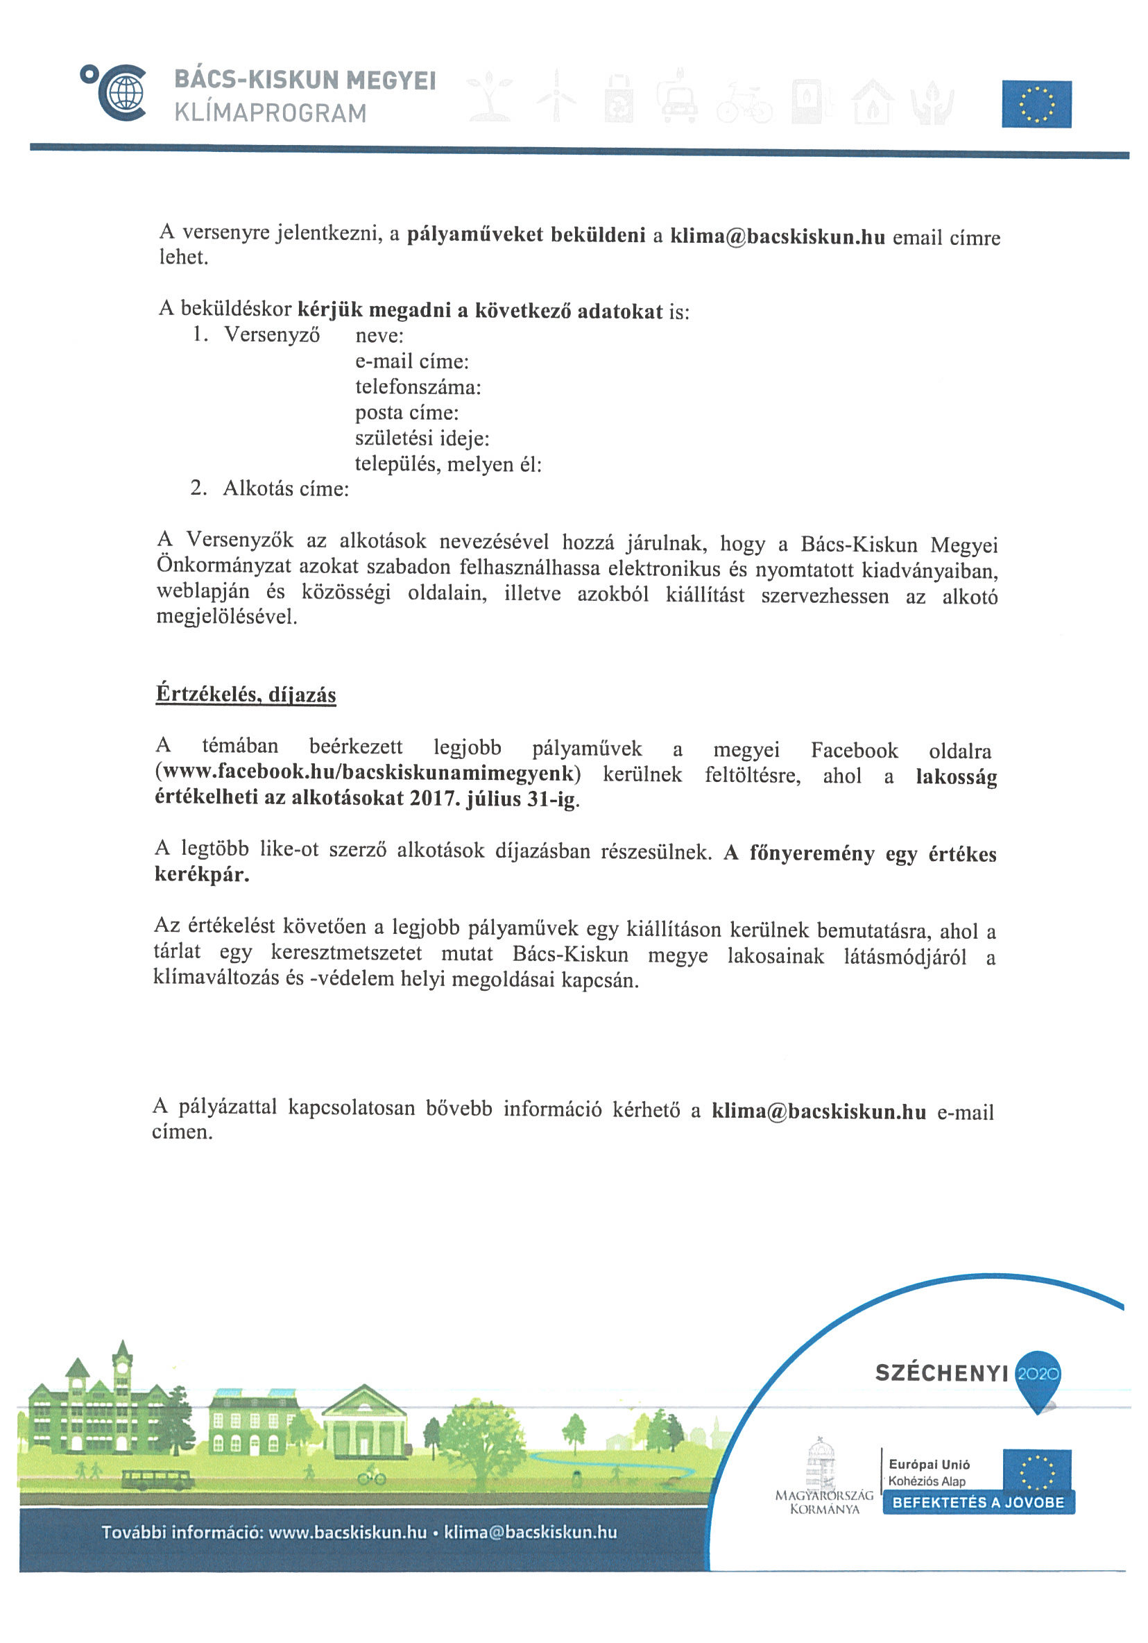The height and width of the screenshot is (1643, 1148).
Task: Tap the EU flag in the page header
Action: tap(1036, 105)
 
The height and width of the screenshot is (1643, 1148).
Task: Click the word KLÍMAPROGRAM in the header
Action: tap(271, 113)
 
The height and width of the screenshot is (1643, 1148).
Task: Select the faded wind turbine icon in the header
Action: tap(556, 96)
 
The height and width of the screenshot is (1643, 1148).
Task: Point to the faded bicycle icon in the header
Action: tap(744, 105)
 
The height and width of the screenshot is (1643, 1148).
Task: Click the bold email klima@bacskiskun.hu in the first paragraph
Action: tap(777, 237)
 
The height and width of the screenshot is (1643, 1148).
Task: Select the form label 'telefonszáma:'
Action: tap(418, 387)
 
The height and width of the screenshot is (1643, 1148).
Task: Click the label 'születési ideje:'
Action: tap(422, 438)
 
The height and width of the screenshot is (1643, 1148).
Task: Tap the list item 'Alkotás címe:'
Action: tap(285, 488)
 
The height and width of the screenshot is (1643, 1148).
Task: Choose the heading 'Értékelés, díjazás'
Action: tap(246, 694)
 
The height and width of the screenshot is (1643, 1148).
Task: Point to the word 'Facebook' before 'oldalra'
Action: tap(853, 750)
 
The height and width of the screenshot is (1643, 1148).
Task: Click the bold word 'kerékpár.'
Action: tap(202, 874)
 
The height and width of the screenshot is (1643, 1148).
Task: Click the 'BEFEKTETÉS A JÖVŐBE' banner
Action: tap(978, 1502)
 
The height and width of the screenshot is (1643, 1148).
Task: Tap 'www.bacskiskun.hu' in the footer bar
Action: tap(347, 1532)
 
